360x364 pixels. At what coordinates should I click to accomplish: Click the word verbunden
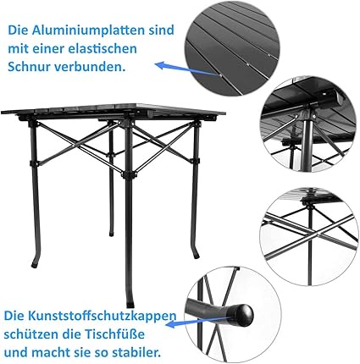click(90, 67)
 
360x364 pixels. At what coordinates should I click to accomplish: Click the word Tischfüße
click(114, 334)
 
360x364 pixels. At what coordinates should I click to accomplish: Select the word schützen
click(28, 334)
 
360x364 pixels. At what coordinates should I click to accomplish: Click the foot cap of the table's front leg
click(130, 305)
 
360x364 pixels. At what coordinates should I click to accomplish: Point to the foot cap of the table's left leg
click(35, 266)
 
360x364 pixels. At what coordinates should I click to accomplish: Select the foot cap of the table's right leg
click(197, 256)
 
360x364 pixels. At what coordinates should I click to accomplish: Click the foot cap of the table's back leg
click(112, 234)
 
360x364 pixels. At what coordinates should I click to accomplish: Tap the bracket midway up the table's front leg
click(129, 175)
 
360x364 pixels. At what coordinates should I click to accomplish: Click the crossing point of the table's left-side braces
click(76, 146)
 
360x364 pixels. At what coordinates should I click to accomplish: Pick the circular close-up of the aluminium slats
click(232, 48)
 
